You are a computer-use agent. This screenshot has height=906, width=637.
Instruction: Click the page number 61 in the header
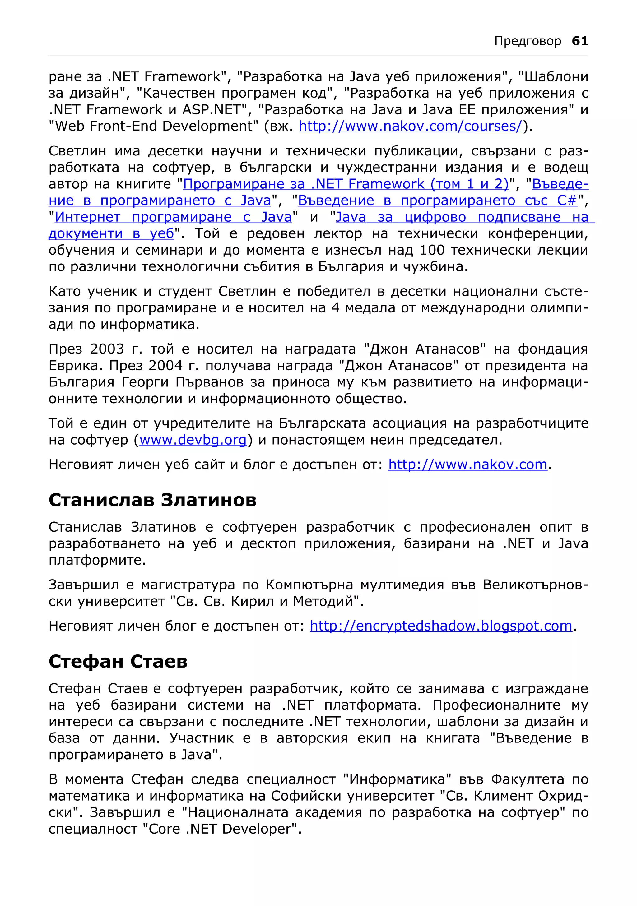tap(579, 41)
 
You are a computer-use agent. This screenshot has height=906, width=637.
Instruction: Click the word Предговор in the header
tap(527, 41)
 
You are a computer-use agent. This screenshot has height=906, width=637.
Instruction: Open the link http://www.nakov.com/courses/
tap(411, 126)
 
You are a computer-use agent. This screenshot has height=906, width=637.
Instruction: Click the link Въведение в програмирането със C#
tap(437, 201)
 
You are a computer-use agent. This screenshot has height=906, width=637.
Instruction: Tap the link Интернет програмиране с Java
tap(173, 217)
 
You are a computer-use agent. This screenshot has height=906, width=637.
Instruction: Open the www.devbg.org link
tap(193, 440)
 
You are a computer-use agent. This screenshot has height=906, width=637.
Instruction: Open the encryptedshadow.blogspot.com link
tap(441, 626)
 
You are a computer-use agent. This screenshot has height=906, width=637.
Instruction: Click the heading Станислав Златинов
tap(152, 500)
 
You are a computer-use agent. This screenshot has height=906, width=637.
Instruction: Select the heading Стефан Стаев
tap(118, 662)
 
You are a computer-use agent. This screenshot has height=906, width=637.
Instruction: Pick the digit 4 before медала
tap(335, 308)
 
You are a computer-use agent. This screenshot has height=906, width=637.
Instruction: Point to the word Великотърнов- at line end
tap(535, 585)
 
